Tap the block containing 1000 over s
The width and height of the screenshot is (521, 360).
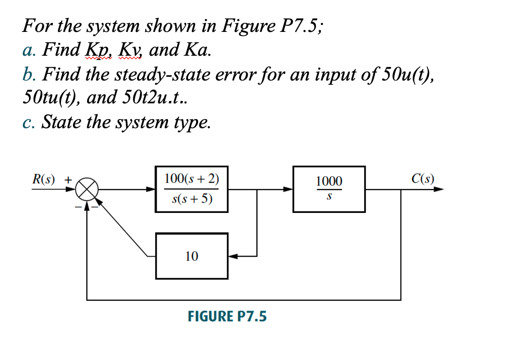pos(329,189)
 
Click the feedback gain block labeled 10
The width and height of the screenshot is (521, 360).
pos(191,256)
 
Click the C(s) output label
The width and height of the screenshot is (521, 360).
pos(423,179)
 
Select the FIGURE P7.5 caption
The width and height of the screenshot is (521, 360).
pos(227,316)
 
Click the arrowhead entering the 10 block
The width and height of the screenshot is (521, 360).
pos(233,256)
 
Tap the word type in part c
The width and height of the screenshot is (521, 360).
pos(192,122)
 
